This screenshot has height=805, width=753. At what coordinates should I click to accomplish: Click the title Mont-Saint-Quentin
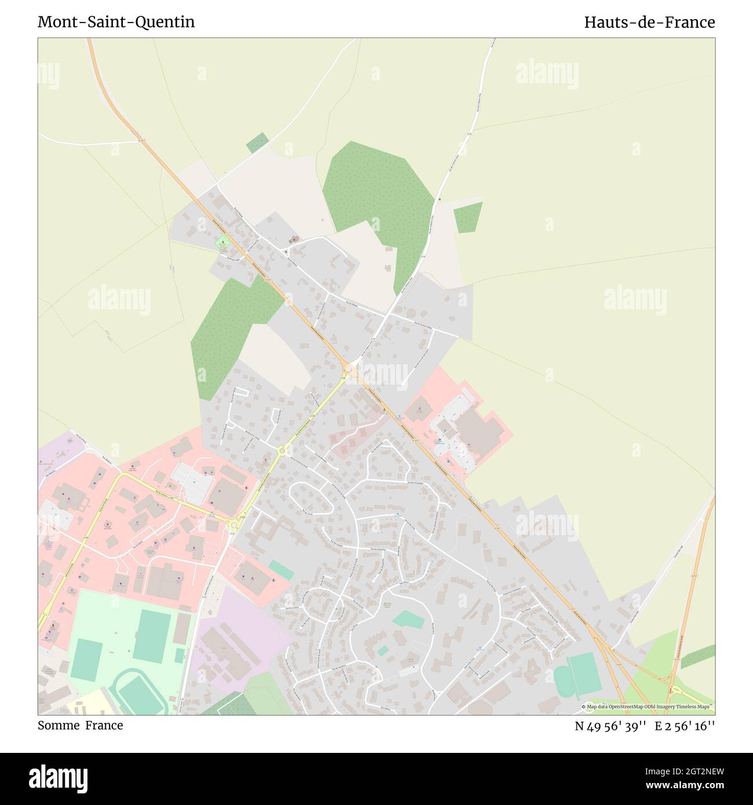point(116,22)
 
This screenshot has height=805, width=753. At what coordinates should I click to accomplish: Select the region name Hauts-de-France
point(649,22)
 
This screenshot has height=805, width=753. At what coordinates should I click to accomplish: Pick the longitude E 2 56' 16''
point(685,726)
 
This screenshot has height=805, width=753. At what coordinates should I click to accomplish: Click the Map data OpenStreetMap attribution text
point(648,707)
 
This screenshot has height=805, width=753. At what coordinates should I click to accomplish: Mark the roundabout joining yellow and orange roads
point(349,369)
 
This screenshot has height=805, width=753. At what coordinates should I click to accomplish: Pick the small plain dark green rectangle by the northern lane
point(257,142)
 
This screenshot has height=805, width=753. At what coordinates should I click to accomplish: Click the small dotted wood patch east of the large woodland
point(467,217)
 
